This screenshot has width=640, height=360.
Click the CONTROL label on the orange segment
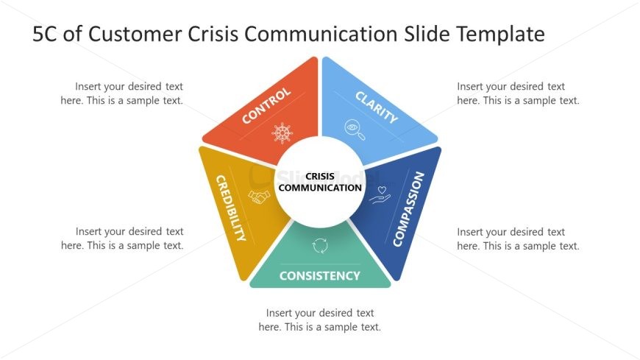click(x=266, y=106)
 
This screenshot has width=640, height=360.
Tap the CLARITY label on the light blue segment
click(x=376, y=107)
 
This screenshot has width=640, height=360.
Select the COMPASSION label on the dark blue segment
click(x=408, y=209)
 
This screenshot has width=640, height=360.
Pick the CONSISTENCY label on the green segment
click(x=319, y=276)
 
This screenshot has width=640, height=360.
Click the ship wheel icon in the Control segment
click(x=282, y=133)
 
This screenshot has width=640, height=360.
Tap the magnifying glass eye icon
click(x=355, y=130)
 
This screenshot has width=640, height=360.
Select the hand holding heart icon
click(x=380, y=195)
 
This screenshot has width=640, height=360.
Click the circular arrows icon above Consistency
click(x=320, y=246)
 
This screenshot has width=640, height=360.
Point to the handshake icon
click(x=259, y=197)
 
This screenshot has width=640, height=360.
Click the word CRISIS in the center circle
click(x=320, y=177)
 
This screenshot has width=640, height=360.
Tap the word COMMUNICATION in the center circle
click(x=320, y=188)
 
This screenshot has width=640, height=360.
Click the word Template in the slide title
click(x=500, y=34)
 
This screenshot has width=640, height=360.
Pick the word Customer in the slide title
click(x=135, y=34)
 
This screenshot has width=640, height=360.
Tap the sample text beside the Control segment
click(x=122, y=93)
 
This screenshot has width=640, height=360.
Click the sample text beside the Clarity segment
click(x=518, y=93)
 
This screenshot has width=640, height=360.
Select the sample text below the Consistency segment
click(x=319, y=320)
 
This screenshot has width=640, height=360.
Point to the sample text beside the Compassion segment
click(x=518, y=239)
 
